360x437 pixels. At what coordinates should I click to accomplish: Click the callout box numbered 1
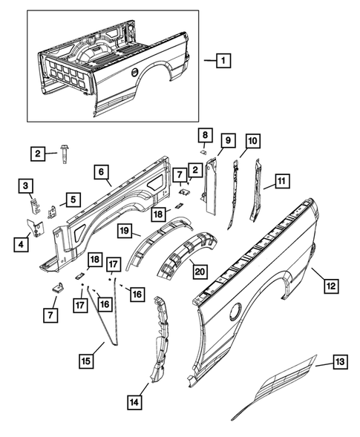tap(222, 62)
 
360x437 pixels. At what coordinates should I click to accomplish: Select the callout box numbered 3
tap(26, 185)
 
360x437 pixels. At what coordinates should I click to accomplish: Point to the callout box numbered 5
tap(72, 199)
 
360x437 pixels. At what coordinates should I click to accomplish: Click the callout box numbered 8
tap(206, 134)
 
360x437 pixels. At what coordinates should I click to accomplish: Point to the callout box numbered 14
tap(134, 403)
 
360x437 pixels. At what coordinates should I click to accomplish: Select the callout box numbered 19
tap(125, 231)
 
